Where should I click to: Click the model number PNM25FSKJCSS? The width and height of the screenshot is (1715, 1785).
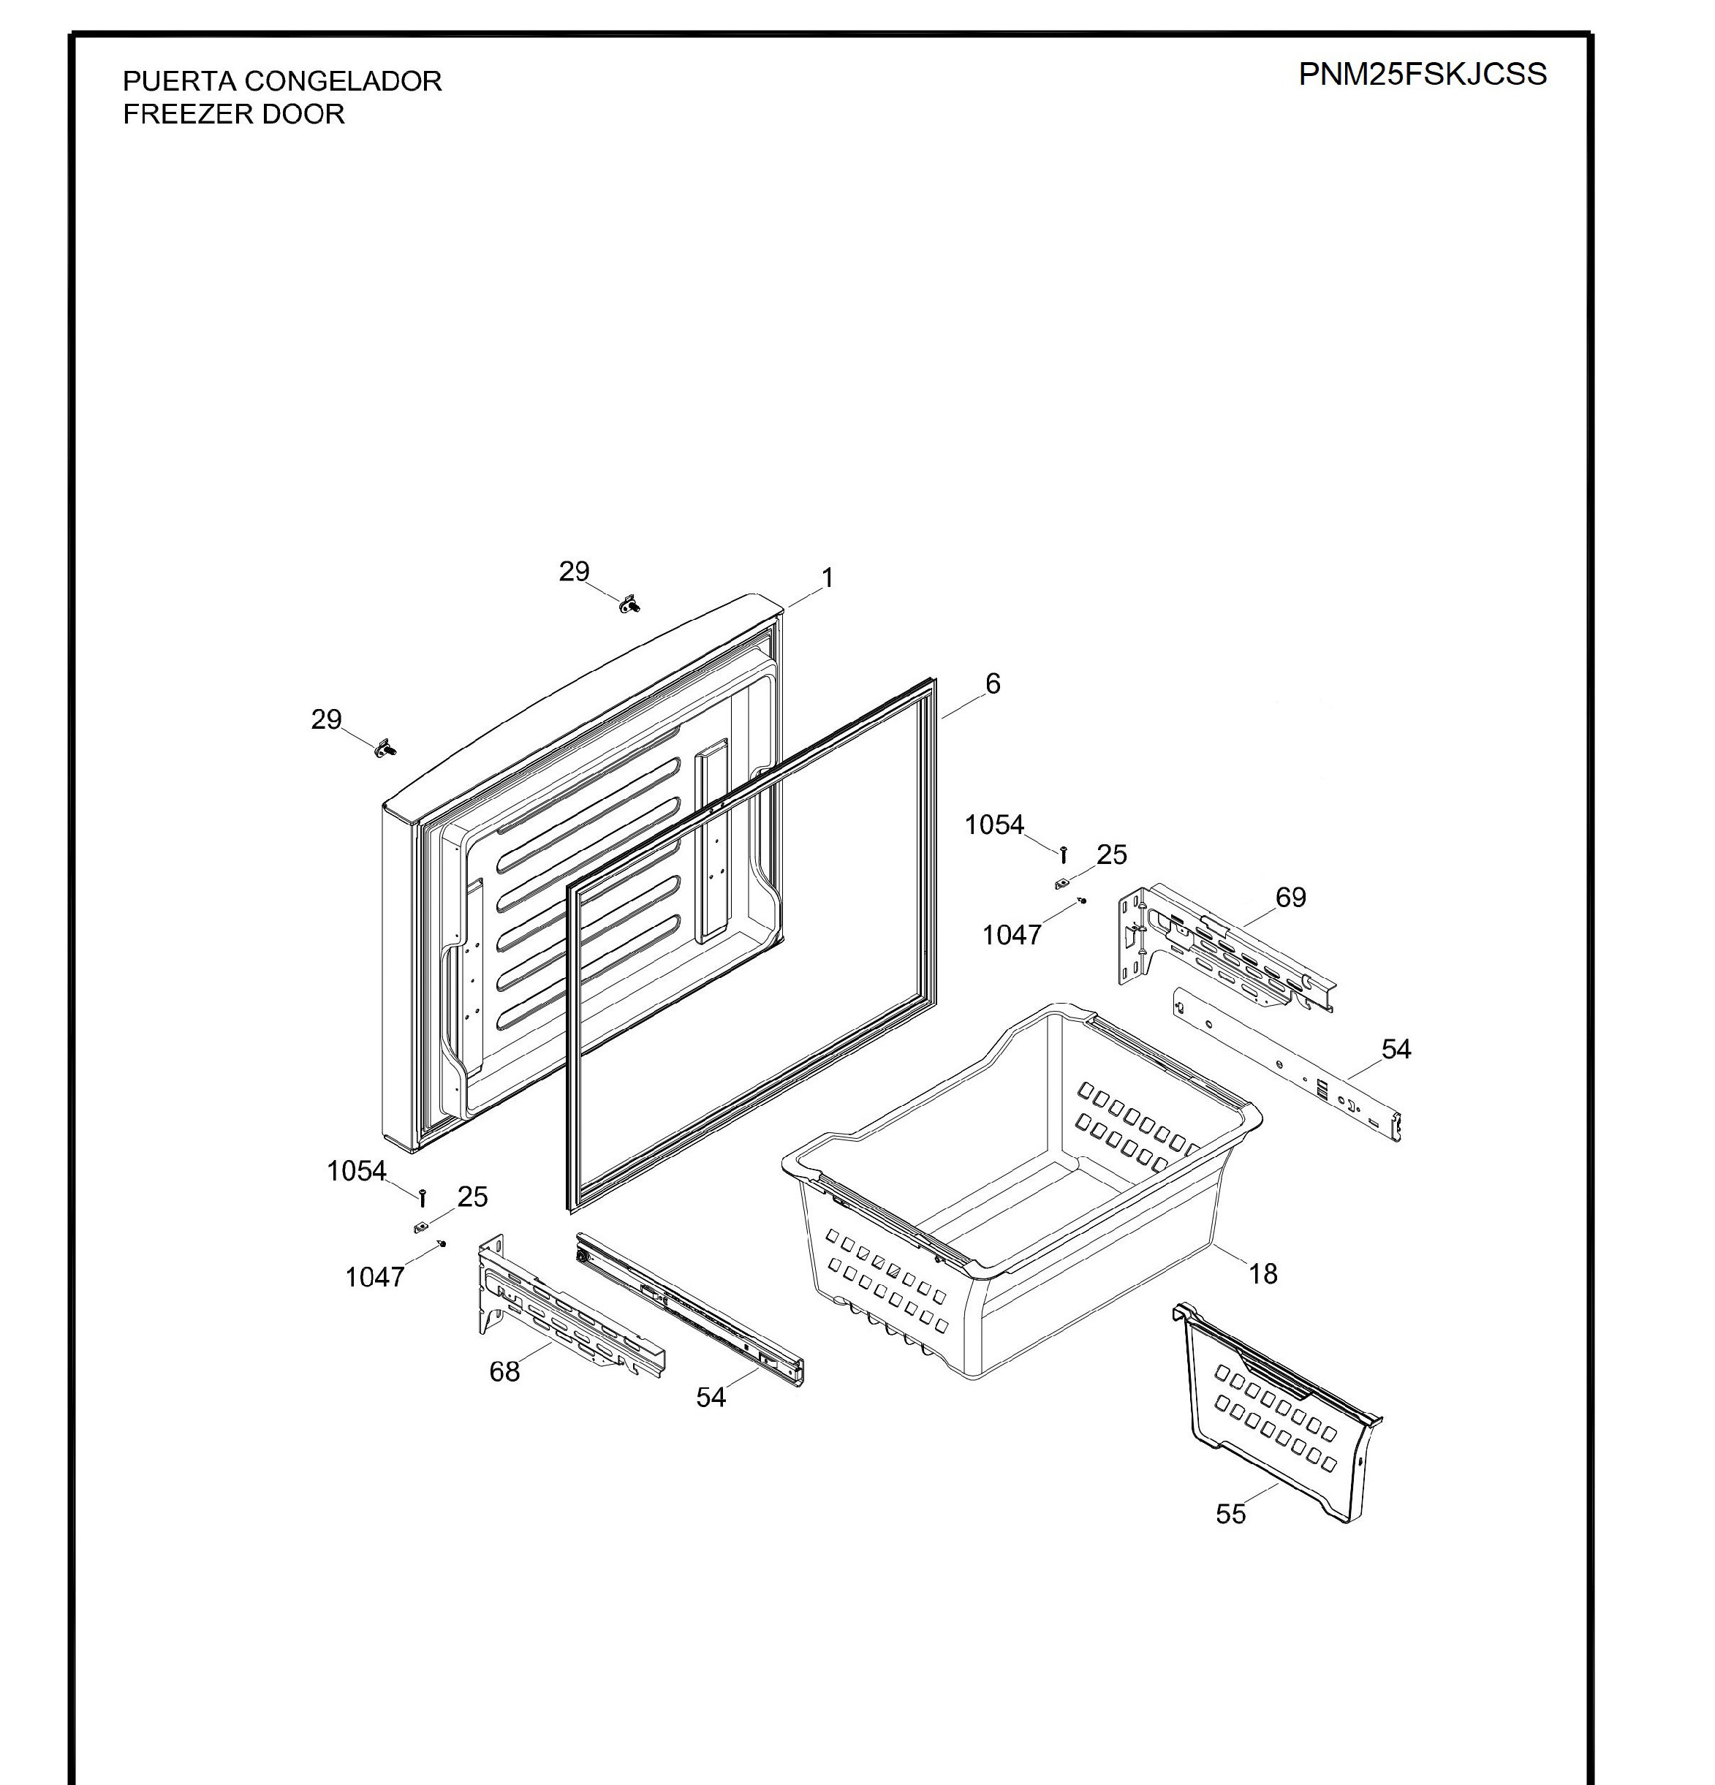[1422, 74]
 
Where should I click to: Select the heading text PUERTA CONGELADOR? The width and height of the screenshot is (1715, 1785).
[282, 81]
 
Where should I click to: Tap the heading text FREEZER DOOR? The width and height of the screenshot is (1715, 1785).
[234, 115]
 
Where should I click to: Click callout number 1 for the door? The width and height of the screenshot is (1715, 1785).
[827, 577]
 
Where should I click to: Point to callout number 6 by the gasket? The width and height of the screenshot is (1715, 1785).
[993, 683]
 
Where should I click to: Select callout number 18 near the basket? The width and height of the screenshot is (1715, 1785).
[1262, 1273]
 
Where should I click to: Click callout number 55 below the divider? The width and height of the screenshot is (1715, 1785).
[1230, 1514]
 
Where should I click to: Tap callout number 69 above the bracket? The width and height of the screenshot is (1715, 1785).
[1290, 897]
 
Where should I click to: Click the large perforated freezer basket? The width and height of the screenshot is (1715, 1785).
[1020, 1193]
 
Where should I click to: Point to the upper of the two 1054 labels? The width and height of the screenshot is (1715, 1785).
[993, 825]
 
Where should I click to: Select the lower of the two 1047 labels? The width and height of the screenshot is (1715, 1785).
[374, 1277]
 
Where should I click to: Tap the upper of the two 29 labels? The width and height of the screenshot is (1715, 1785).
[574, 571]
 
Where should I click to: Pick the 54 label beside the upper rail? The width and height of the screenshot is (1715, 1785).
[1396, 1049]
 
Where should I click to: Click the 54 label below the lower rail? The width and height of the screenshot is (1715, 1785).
[711, 1397]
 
